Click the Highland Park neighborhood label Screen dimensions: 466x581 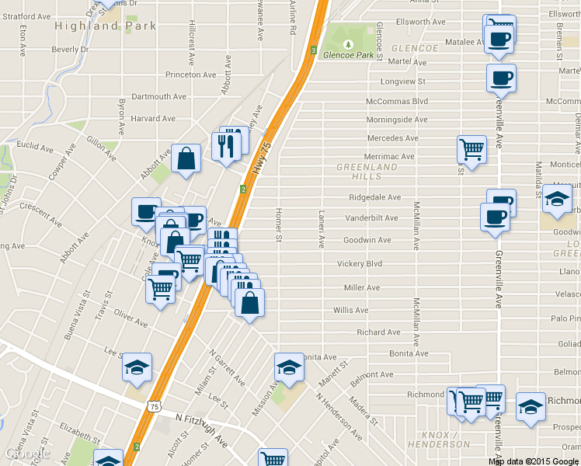tap(106, 26)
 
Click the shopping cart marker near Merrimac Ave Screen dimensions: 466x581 tap(471, 148)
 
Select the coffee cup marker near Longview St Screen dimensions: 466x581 tap(501, 78)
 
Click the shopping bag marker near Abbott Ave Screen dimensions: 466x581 tap(186, 159)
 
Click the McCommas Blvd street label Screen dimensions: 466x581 tap(397, 101)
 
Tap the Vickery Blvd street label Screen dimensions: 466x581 tap(360, 264)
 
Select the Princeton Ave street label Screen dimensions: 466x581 tap(190, 75)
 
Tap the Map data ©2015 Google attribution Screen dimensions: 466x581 tap(533, 461)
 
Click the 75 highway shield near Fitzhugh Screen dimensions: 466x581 tap(155, 406)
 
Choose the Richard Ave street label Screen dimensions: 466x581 tap(378, 332)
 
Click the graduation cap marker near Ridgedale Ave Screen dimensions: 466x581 tap(557, 199)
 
